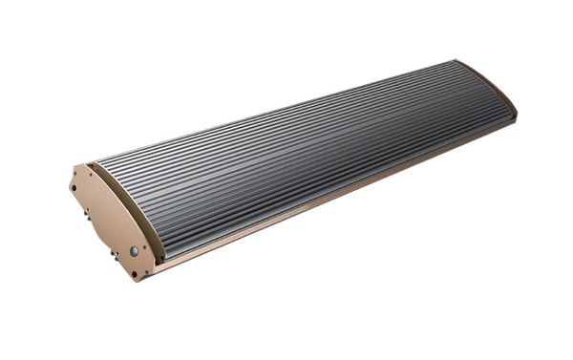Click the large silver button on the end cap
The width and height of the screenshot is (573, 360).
[x=134, y=251]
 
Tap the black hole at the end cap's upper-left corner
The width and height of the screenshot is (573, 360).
[x=74, y=187]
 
